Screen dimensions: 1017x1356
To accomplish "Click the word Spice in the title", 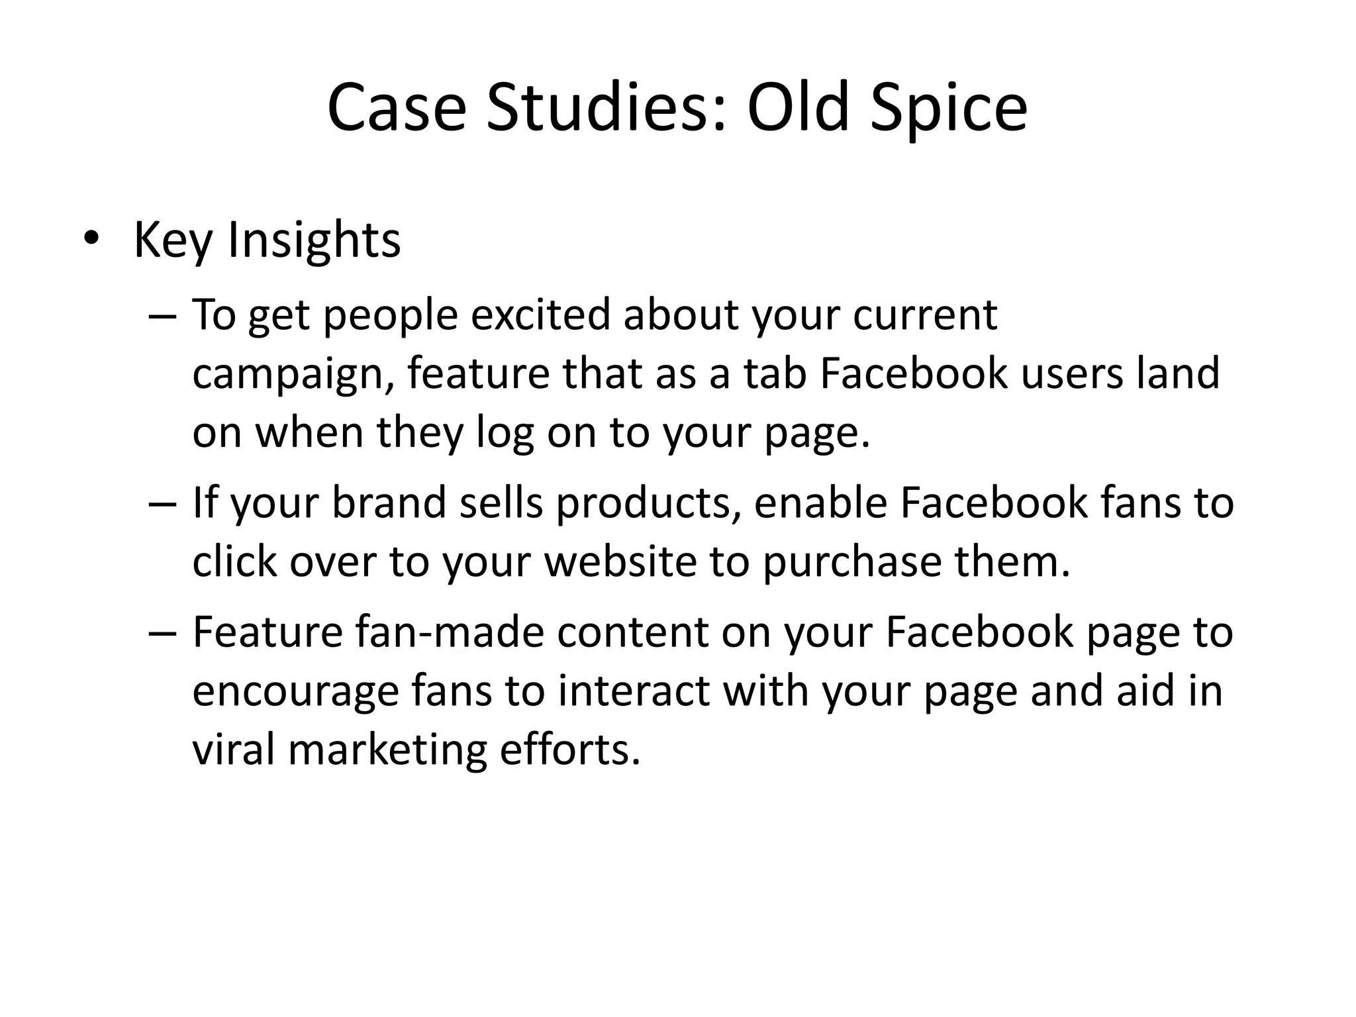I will pyautogui.click(x=948, y=107).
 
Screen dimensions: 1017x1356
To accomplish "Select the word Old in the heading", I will pyautogui.click(x=797, y=107).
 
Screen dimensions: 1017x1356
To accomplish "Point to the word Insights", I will pyautogui.click(x=314, y=240).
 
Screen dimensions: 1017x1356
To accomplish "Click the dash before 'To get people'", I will pyautogui.click(x=163, y=316).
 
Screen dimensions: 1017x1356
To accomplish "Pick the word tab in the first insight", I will pyautogui.click(x=775, y=373).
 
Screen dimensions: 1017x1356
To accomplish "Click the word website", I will pyautogui.click(x=620, y=561).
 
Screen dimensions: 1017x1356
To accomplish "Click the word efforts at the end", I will pyautogui.click(x=569, y=750).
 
